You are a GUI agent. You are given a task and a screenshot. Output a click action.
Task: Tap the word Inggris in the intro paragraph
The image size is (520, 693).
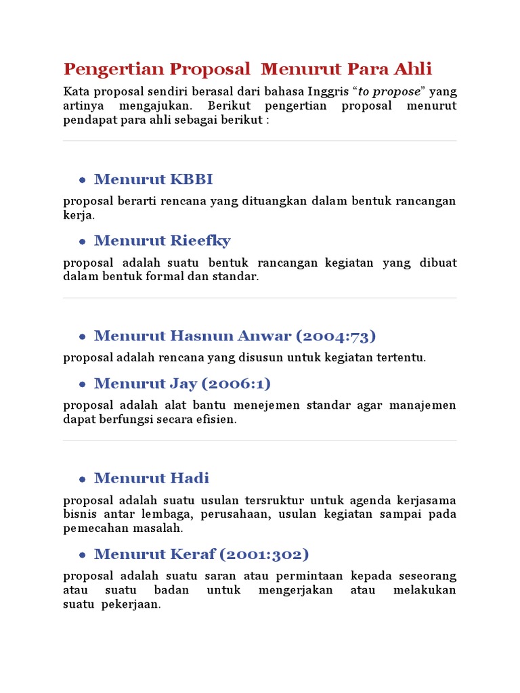(x=327, y=91)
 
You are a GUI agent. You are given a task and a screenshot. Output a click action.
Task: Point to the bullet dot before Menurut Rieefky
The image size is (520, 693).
(x=82, y=242)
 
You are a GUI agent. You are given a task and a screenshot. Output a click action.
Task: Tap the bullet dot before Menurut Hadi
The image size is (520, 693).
(x=82, y=479)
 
